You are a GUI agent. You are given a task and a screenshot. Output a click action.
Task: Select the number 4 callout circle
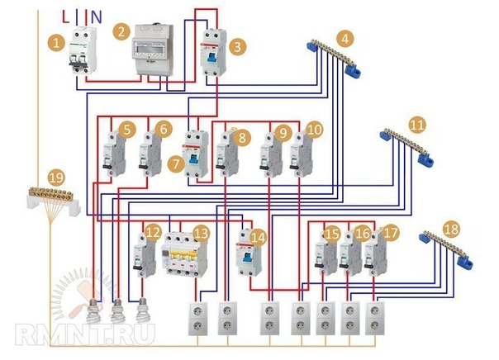pyautogui.click(x=345, y=37)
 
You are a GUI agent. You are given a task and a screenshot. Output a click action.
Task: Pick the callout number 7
pyautogui.click(x=175, y=164)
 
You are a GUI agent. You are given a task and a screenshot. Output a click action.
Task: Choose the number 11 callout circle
pyautogui.click(x=417, y=125)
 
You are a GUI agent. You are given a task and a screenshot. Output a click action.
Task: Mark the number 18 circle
pyautogui.click(x=451, y=228)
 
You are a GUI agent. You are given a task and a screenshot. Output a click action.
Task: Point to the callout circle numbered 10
pyautogui.click(x=313, y=130)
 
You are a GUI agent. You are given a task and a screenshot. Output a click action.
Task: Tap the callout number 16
pyautogui.click(x=362, y=234)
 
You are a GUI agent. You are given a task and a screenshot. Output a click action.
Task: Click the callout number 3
pyautogui.click(x=237, y=47)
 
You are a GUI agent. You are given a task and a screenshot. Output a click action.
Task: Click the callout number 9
pyautogui.click(x=283, y=130)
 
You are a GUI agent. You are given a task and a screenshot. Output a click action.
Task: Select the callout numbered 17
pyautogui.click(x=391, y=234)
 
